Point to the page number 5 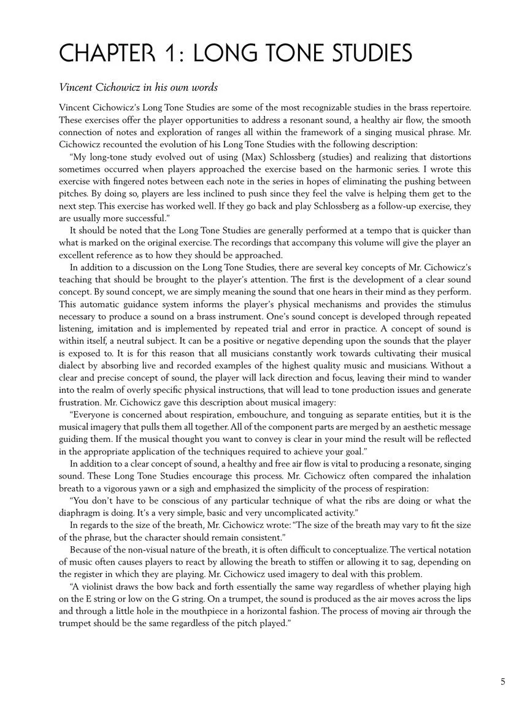tap(503, 681)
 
